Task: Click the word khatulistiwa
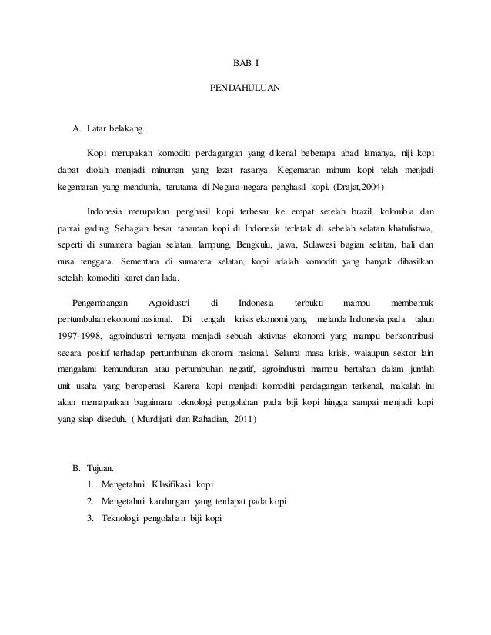coord(406,228)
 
